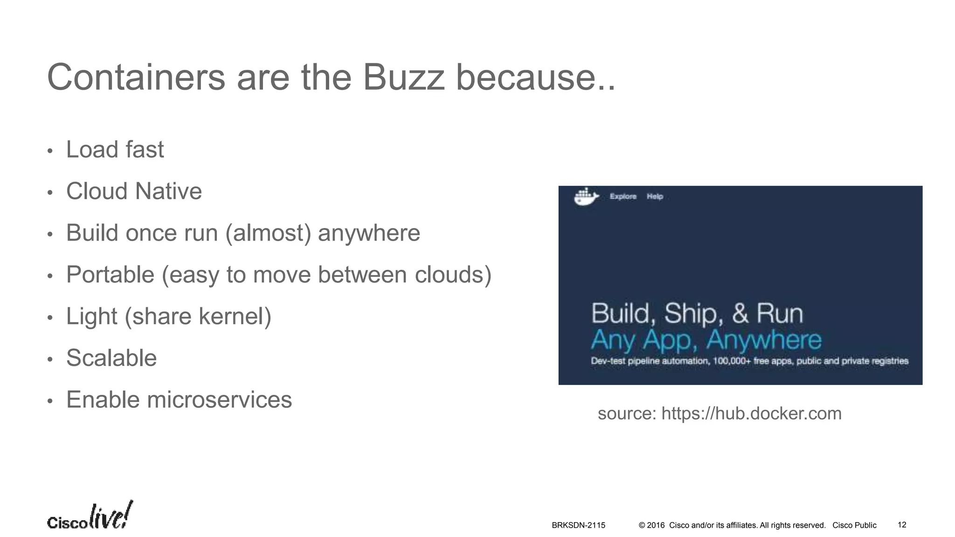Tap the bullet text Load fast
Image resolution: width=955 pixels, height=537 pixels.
(115, 150)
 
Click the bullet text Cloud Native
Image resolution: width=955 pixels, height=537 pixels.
(134, 191)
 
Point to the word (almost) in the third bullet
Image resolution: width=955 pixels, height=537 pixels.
(268, 233)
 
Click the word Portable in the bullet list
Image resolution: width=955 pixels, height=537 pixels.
(110, 275)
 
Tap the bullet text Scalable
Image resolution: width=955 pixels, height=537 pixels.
(111, 358)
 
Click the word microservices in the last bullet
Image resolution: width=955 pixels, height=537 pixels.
(219, 400)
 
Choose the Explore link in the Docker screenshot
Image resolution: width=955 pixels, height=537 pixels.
(623, 197)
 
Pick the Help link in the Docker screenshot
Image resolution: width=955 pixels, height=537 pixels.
(655, 197)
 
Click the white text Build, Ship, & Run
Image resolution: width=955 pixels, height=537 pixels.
(697, 313)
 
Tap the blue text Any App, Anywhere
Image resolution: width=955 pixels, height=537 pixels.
(706, 340)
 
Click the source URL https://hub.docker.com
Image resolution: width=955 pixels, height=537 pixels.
(751, 413)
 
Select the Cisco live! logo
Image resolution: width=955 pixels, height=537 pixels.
(90, 516)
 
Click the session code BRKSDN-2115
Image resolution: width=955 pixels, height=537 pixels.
(578, 525)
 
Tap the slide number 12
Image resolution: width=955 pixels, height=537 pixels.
(902, 525)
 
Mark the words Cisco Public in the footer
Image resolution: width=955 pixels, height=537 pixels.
(854, 525)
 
